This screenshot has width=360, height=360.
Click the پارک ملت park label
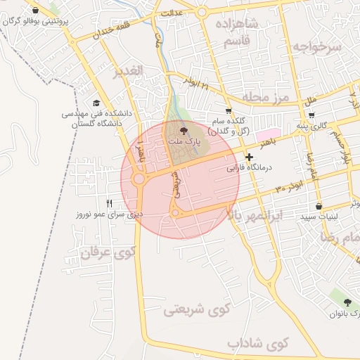[184, 141]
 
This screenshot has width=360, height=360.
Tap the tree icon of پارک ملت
[184, 130]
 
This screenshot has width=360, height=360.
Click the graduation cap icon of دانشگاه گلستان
[96, 102]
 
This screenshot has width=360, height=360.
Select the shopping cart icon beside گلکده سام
[228, 111]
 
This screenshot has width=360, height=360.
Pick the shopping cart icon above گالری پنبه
[311, 115]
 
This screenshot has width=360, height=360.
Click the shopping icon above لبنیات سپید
[319, 207]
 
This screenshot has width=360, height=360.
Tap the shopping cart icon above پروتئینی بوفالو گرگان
[36, 11]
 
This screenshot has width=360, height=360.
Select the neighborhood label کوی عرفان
[108, 254]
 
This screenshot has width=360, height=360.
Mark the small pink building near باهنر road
[266, 134]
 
